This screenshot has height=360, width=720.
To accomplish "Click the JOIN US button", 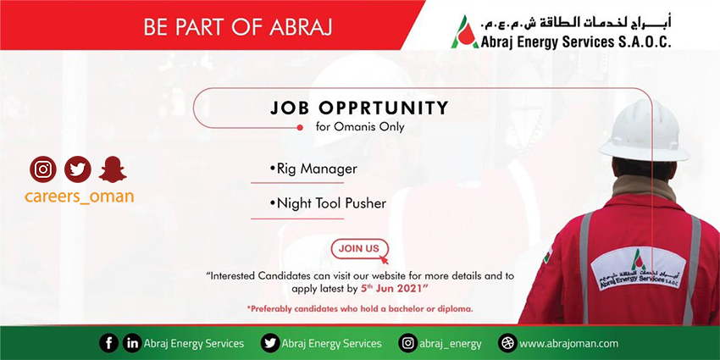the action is tap(359, 249).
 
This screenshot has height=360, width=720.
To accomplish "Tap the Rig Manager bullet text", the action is tap(313, 169).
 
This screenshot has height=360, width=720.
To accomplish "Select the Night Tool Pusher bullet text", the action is tap(328, 203).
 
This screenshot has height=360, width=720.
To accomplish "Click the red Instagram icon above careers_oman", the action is tap(43, 169).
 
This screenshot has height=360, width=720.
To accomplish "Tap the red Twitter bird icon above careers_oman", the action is tap(78, 169).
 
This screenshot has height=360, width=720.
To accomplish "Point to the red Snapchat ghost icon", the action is tap(113, 169).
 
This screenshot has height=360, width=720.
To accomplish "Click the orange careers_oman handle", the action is tap(79, 196).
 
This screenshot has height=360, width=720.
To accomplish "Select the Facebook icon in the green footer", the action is tap(108, 343).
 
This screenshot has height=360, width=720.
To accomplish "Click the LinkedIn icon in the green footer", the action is tap(132, 343).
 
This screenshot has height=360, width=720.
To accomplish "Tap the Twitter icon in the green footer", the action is tap(270, 343).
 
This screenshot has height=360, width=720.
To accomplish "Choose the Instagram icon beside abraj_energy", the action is tap(407, 343).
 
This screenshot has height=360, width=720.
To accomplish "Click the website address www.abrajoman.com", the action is tap(568, 343).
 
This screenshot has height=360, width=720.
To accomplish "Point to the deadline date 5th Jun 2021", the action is tap(394, 289).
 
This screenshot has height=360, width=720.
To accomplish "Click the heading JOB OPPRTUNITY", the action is tap(359, 108).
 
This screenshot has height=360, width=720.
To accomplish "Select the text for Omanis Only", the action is tap(360, 127).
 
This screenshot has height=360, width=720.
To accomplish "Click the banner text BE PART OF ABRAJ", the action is tap(237, 27).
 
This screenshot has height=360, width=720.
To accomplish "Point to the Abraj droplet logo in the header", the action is tap(464, 31).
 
